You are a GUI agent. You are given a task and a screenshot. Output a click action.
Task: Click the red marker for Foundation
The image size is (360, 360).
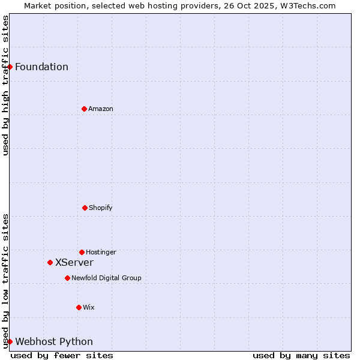coord(10,67)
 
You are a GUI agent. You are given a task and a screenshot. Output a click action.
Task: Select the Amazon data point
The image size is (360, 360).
coord(84,109)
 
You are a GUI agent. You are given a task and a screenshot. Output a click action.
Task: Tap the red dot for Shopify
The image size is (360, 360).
coord(85,208)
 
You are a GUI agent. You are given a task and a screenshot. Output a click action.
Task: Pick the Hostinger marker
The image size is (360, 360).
coord(82,252)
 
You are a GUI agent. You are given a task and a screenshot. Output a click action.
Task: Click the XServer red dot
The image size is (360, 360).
coord(50,262)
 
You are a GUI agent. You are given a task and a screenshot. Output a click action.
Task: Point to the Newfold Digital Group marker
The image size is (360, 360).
coord(67,278)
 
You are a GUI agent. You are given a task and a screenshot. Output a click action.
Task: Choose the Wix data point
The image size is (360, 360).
coord(79,307)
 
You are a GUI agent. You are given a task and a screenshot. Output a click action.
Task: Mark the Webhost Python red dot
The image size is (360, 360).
coord(10,341)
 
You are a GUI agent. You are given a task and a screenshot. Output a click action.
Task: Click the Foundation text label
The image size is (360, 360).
coord(41,67)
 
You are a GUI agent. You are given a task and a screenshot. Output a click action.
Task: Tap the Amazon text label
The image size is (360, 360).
coord(101,109)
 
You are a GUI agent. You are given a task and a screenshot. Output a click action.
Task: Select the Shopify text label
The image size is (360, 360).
coord(101,208)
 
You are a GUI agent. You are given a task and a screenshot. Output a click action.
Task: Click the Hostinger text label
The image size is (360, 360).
coord(101,252)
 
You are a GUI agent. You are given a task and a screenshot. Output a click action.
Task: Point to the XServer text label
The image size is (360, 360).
coord(74,262)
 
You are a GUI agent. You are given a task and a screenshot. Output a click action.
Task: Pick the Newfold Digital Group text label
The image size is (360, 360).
coord(106,278)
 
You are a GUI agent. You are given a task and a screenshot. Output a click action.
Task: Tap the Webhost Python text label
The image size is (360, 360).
coord(54,341)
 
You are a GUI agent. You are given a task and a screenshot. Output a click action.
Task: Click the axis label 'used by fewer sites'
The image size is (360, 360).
coord(62,355)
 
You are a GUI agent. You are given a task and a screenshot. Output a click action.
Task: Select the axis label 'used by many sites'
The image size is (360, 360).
coord(301,355)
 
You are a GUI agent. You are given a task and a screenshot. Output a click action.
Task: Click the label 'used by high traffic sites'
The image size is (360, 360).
coord(5,85)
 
